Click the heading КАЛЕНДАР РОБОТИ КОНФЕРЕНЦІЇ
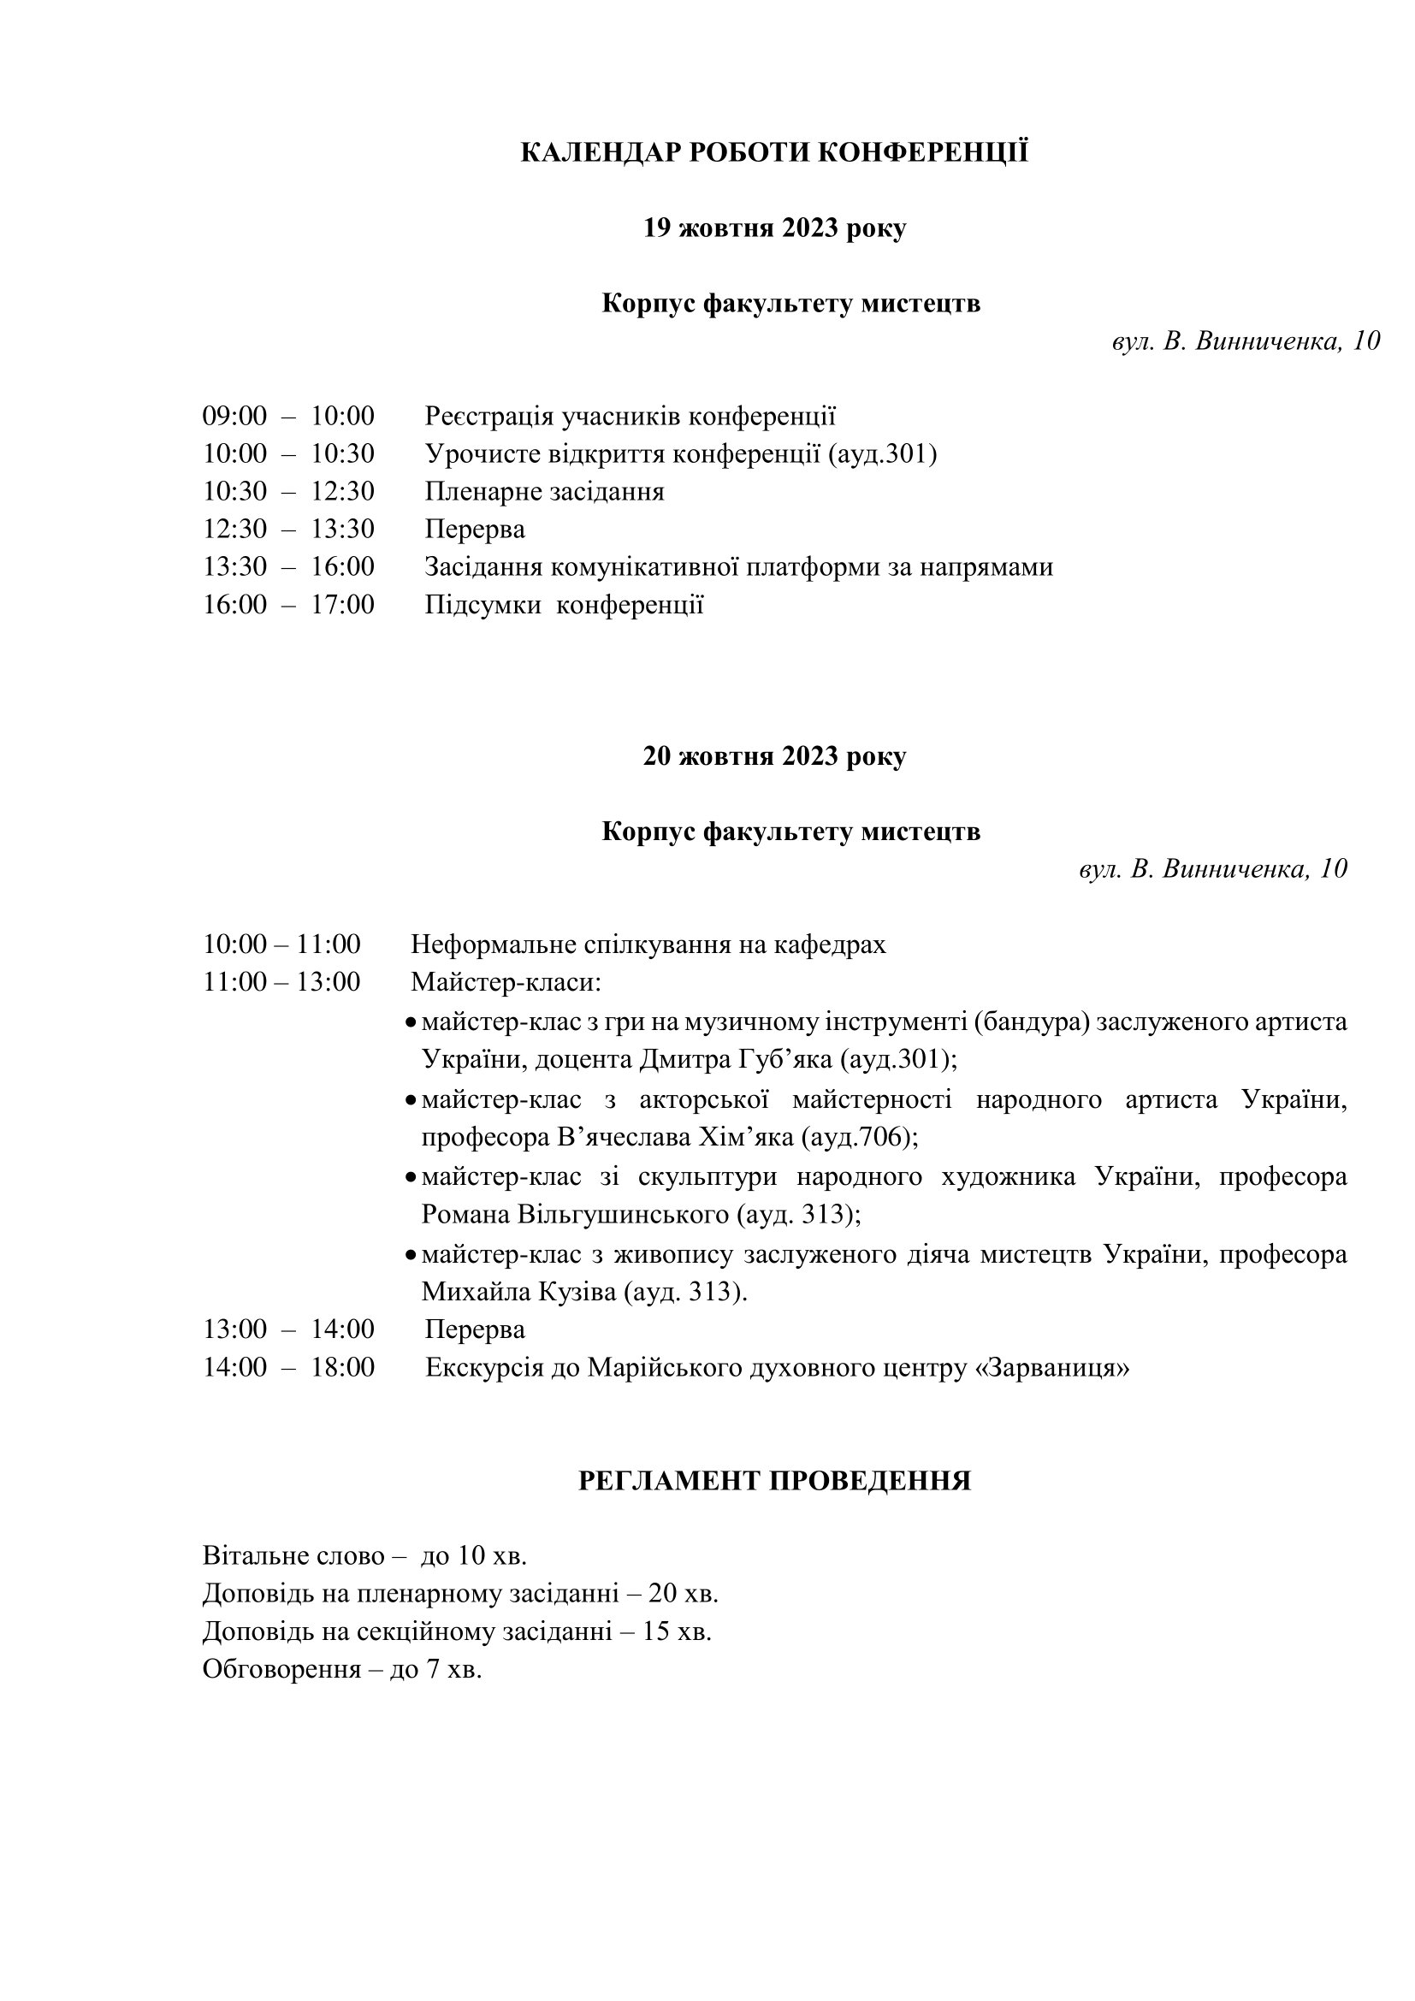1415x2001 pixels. (773, 152)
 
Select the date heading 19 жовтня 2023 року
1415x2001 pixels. (773, 228)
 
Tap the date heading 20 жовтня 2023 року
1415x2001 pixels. (773, 755)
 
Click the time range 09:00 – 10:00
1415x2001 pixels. (288, 416)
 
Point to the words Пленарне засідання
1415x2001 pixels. (544, 492)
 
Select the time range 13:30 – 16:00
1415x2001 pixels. (288, 566)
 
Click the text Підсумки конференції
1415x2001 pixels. (564, 605)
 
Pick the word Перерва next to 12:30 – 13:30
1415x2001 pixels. (475, 529)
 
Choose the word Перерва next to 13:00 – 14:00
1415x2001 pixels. (475, 1329)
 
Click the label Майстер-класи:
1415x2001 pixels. (506, 982)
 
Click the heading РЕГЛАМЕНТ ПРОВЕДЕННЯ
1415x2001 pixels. (773, 1481)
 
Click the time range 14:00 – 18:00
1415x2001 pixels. (288, 1367)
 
